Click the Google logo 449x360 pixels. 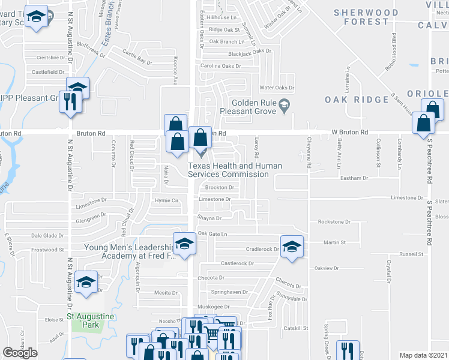click(x=20, y=353)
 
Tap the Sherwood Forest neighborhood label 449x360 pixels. click(x=366, y=17)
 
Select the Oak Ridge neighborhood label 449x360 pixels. click(x=357, y=99)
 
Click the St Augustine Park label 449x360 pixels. click(x=90, y=320)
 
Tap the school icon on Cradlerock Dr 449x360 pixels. click(x=292, y=247)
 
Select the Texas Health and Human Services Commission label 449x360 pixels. click(x=228, y=170)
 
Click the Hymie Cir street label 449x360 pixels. click(x=167, y=200)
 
